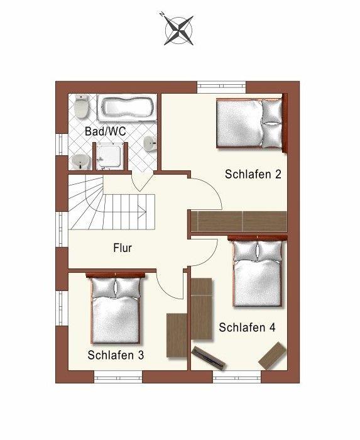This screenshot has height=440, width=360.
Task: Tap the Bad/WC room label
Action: point(106,131)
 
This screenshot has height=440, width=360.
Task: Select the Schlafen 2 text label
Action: point(253,174)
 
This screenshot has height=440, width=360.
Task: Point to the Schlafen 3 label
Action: point(116,355)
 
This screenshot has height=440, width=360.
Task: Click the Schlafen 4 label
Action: point(247,327)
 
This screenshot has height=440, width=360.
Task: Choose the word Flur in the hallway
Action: point(123,248)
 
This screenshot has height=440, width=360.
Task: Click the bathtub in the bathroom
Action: point(127,107)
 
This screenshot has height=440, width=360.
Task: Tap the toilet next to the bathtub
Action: point(82,107)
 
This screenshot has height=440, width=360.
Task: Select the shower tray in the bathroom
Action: point(109,157)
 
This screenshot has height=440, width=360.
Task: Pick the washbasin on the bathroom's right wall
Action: point(150,144)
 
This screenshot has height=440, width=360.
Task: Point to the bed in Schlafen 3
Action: point(116,308)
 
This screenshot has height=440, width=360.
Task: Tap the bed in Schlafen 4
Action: point(258,272)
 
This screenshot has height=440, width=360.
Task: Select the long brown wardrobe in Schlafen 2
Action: point(239,221)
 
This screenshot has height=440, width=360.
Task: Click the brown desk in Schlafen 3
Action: point(177,335)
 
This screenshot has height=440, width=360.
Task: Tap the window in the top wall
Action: point(222,87)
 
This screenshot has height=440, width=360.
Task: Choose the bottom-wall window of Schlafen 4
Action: point(237,377)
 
